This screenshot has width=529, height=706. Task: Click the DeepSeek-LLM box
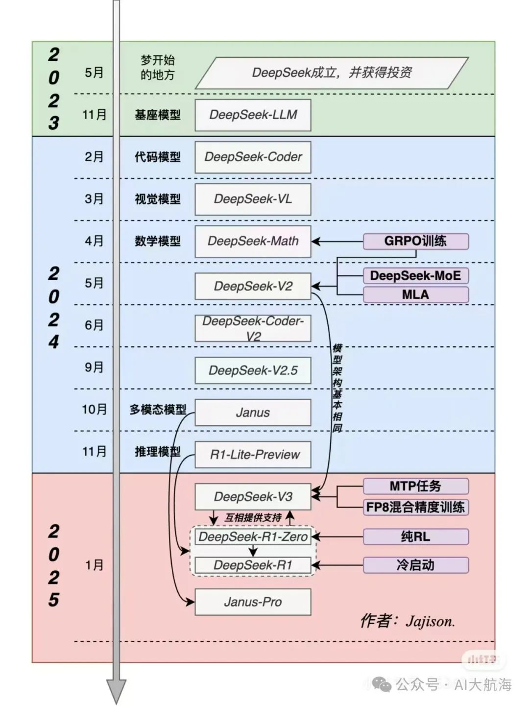[253, 115]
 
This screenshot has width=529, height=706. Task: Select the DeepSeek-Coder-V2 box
[253, 328]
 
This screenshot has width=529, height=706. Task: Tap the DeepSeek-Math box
[253, 241]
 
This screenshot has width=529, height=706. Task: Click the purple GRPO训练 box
[415, 241]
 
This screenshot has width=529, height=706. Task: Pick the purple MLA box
[415, 294]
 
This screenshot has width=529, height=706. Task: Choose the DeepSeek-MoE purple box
[415, 275]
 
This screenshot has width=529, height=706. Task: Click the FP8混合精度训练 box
[415, 507]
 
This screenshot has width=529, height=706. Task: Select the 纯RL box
[415, 536]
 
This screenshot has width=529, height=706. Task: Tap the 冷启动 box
[415, 565]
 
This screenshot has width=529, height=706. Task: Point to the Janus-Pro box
[253, 602]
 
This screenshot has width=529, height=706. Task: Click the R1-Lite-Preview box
[253, 455]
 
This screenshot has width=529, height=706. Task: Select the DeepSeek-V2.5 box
[253, 370]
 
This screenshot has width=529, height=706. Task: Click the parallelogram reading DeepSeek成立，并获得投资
[332, 73]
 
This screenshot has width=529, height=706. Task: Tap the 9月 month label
[94, 367]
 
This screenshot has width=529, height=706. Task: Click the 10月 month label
[94, 409]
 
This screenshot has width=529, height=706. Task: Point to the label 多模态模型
[158, 409]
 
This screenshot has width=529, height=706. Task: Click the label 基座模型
[158, 115]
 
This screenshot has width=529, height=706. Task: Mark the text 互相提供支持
[253, 517]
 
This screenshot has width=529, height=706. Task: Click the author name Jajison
[430, 621]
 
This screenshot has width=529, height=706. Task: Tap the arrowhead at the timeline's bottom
[116, 691]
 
